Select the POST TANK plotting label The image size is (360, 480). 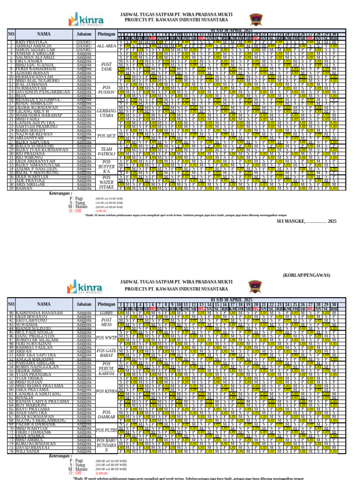[106, 66]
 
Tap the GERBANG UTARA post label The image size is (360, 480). [106, 112]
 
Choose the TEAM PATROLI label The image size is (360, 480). [106, 151]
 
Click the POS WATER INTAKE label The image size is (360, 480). [106, 182]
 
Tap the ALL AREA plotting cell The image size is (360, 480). [106, 46]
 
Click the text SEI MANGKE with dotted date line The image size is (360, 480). [307, 221]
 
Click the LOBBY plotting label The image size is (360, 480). [106, 312]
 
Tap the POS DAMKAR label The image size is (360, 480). [106, 415]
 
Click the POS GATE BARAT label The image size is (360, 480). [106, 367]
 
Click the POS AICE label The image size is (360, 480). [106, 135]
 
